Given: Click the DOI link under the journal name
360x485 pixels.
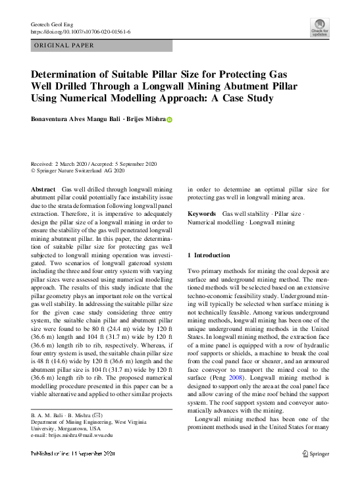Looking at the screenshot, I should (80, 32).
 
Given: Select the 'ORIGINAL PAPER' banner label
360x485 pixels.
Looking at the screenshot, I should (64, 45).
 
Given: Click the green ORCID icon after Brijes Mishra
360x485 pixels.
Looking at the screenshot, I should (169, 120).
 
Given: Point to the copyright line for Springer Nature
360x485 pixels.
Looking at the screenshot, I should (78, 170).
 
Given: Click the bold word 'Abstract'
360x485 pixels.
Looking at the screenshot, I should (43, 189).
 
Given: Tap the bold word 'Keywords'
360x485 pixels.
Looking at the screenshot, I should (201, 214).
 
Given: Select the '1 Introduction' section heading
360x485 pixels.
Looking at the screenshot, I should (209, 255).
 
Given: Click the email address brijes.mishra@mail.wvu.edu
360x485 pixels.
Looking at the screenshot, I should (81, 435).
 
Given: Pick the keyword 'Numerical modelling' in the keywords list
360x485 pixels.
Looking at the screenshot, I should (215, 222).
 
